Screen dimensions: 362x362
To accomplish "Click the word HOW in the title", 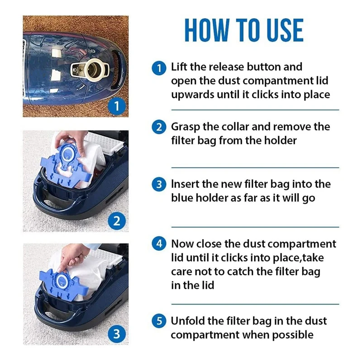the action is click(207, 30).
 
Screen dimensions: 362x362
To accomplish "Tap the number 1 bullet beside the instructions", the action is click(159, 68).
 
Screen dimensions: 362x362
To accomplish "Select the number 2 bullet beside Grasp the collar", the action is click(159, 127).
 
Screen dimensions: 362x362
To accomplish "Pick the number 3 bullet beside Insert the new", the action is click(159, 184).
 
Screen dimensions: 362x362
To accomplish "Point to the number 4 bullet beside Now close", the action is click(159, 243).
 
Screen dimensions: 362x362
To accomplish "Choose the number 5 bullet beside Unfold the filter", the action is click(159, 321).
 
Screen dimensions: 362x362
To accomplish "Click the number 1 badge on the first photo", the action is click(117, 106).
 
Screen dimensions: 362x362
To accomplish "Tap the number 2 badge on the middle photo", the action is click(117, 221).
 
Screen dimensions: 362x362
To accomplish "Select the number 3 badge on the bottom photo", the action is click(117, 334).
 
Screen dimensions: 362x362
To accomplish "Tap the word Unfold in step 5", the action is click(187, 321).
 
